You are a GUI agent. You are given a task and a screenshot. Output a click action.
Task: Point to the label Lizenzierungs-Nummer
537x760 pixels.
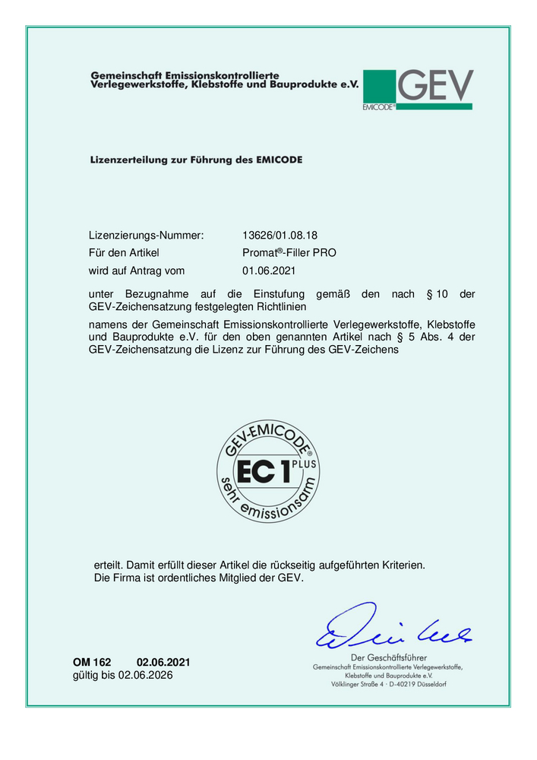[146, 236]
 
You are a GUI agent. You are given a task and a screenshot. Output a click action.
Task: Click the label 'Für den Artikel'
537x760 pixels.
[123, 252]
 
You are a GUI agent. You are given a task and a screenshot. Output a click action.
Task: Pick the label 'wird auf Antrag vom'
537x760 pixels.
[137, 270]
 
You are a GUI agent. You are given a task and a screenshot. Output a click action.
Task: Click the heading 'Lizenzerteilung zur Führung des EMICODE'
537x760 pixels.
[196, 160]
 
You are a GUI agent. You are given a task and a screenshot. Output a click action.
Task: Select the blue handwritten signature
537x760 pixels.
[391, 628]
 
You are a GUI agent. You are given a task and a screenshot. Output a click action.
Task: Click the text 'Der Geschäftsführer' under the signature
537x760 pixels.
[388, 657]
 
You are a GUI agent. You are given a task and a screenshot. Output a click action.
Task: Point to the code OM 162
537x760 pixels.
[92, 662]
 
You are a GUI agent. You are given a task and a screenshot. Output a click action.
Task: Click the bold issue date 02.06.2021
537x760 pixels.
[163, 662]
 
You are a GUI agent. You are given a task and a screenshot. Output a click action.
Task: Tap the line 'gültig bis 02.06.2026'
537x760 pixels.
[122, 675]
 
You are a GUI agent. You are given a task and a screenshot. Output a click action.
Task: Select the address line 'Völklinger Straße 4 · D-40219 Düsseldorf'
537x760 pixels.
[388, 684]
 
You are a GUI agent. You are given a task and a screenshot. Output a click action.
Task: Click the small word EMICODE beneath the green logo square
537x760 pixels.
[378, 107]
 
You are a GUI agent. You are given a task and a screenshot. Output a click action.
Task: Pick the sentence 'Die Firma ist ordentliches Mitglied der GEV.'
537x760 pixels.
[198, 578]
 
